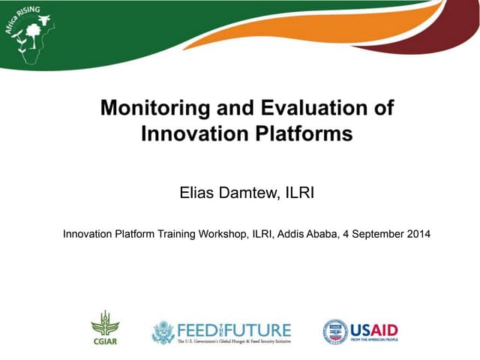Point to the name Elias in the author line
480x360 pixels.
click(x=196, y=193)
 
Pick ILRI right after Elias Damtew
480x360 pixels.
click(x=299, y=193)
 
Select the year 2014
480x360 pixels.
click(x=417, y=234)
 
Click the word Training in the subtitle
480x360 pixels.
click(x=178, y=234)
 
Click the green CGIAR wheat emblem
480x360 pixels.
click(x=105, y=323)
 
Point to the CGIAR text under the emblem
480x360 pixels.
click(x=105, y=339)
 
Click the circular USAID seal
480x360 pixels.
click(x=335, y=331)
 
